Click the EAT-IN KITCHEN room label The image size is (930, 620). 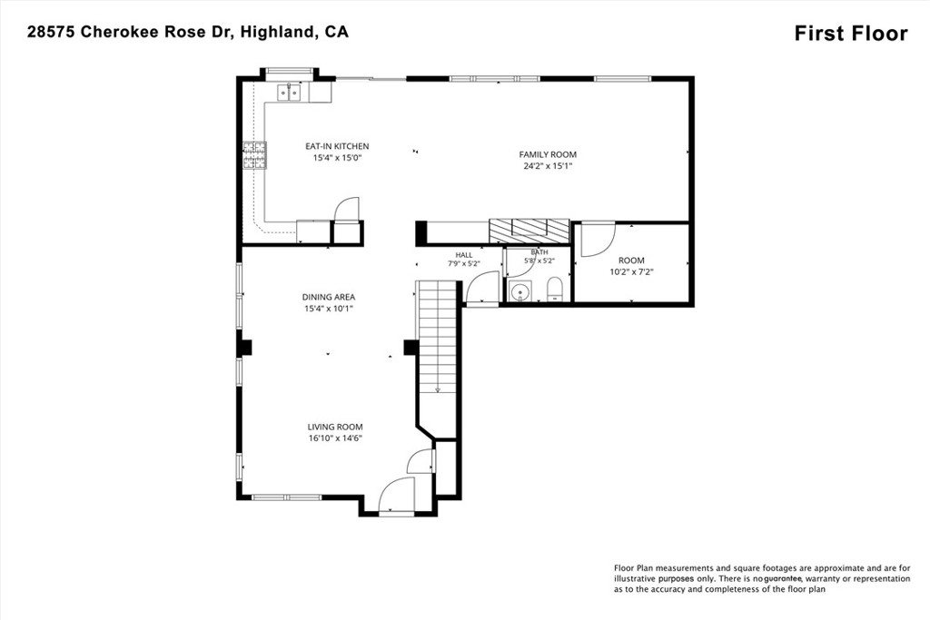337,146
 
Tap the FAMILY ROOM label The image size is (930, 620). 548,154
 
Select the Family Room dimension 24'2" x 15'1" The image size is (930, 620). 548,166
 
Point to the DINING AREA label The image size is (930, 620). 329,297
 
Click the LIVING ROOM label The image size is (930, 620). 335,427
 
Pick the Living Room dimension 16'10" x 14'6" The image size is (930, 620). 335,438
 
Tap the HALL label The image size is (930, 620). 464,255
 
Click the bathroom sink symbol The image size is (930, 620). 520,292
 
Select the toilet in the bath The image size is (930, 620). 554,290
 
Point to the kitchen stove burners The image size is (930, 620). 254,155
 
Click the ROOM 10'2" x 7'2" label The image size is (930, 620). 632,266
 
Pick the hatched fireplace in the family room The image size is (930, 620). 529,231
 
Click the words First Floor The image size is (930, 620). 851,34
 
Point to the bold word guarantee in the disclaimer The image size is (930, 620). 783,578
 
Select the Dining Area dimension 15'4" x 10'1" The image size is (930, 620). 329,309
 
